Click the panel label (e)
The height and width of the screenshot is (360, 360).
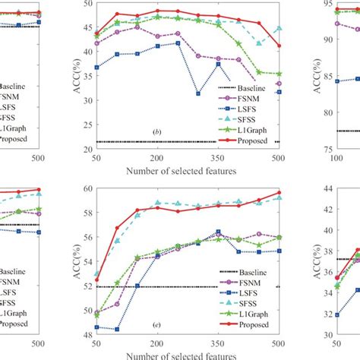coord(156,325)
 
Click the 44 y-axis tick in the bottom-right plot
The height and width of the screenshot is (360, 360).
coord(323,188)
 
